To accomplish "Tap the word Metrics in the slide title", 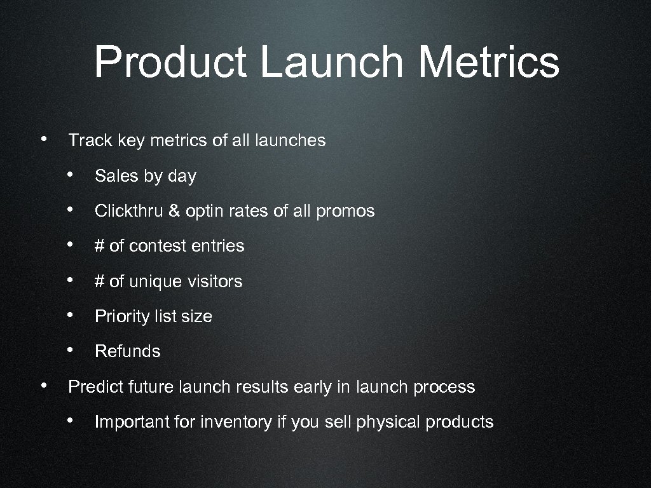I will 490,62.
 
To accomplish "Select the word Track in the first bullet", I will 90,140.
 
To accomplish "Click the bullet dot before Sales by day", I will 75,175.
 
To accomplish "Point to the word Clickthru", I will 129,211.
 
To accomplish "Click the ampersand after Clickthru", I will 174,211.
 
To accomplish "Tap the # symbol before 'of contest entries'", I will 99,246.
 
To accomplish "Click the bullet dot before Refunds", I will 75,350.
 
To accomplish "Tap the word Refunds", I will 128,351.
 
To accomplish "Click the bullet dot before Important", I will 75,421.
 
